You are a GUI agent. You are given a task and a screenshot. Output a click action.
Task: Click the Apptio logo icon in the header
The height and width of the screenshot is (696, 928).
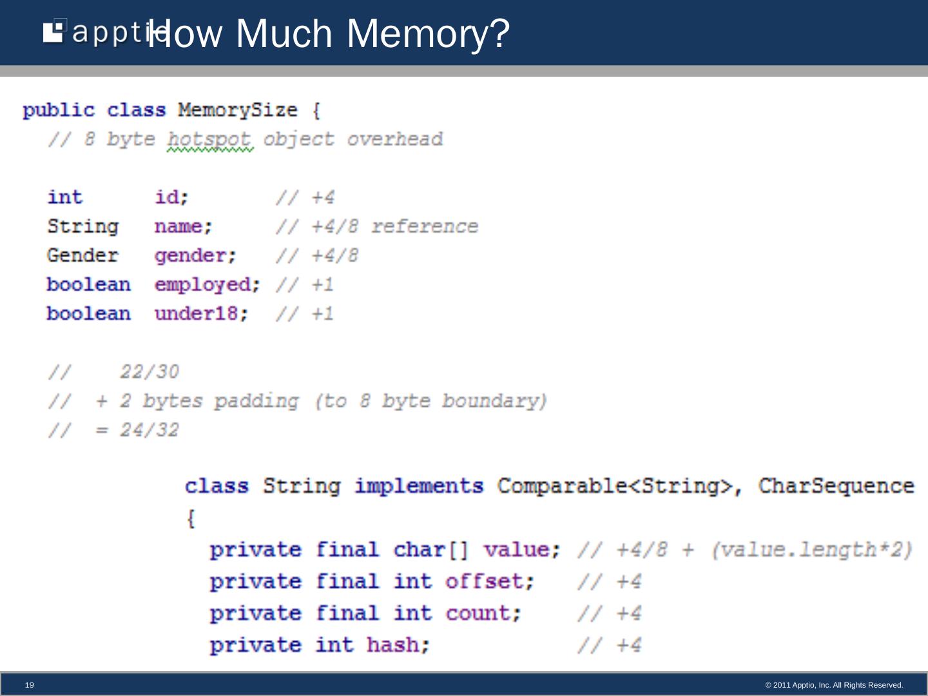pyautogui.click(x=55, y=32)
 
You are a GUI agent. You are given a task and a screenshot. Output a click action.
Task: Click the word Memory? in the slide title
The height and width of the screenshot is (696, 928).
pyautogui.click(x=428, y=34)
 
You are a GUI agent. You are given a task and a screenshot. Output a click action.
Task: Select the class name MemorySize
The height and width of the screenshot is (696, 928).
pyautogui.click(x=237, y=110)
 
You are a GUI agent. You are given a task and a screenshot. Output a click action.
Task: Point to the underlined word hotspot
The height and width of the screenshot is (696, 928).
pyautogui.click(x=209, y=139)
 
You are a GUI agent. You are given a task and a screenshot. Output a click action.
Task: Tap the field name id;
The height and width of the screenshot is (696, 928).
pyautogui.click(x=171, y=197)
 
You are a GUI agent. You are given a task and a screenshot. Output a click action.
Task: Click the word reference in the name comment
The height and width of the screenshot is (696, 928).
pyautogui.click(x=424, y=227)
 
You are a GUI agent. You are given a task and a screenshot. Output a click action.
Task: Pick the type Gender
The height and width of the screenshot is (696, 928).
pyautogui.click(x=82, y=256)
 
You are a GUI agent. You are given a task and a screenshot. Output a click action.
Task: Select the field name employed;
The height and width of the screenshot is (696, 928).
pyautogui.click(x=207, y=285)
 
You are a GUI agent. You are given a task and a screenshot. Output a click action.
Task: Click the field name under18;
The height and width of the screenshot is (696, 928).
pyautogui.click(x=201, y=314)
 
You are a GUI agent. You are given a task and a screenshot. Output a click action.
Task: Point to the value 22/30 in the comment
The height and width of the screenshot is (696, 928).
pyautogui.click(x=149, y=372)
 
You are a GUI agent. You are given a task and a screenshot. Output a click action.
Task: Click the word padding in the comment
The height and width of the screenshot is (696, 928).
pyautogui.click(x=256, y=401)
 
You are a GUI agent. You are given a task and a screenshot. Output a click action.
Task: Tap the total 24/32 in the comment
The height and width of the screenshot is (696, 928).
pyautogui.click(x=149, y=430)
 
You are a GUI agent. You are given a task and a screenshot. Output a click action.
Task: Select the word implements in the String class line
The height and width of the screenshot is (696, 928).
pyautogui.click(x=418, y=486)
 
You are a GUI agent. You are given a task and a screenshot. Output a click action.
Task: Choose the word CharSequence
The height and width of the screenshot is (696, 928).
pyautogui.click(x=836, y=486)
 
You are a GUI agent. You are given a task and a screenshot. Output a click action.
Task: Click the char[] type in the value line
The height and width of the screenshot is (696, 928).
pyautogui.click(x=431, y=550)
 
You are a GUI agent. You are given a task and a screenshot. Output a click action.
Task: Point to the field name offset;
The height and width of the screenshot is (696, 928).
pyautogui.click(x=490, y=581)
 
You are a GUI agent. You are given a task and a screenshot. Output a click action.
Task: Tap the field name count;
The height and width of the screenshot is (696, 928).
pyautogui.click(x=483, y=613)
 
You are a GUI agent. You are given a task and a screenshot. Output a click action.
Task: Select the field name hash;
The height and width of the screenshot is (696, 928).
pyautogui.click(x=398, y=644)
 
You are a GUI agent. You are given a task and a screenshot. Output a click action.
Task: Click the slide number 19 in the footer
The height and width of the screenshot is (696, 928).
pyautogui.click(x=30, y=685)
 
